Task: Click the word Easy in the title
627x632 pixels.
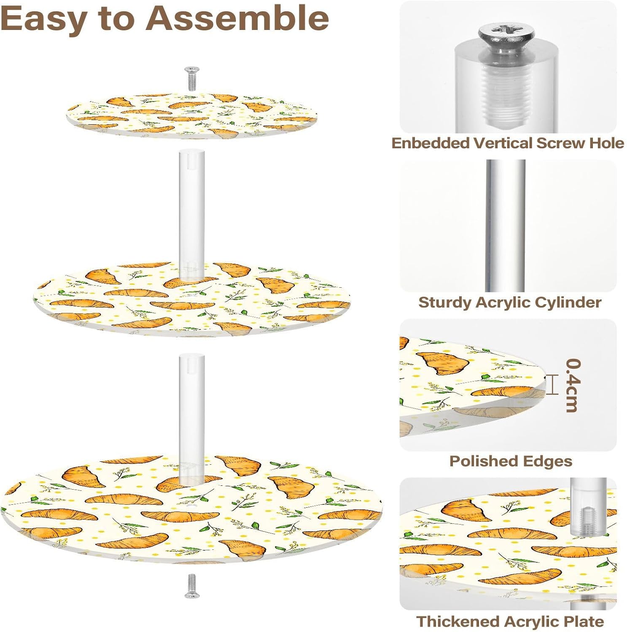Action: [44, 19]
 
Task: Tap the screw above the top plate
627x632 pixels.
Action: [192, 78]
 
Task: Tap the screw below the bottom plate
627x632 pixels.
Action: [192, 586]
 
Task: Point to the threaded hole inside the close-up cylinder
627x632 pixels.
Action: [506, 97]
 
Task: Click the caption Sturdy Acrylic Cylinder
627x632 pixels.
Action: [509, 303]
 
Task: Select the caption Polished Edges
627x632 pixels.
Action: [511, 461]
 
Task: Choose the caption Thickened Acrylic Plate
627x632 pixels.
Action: [510, 621]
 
